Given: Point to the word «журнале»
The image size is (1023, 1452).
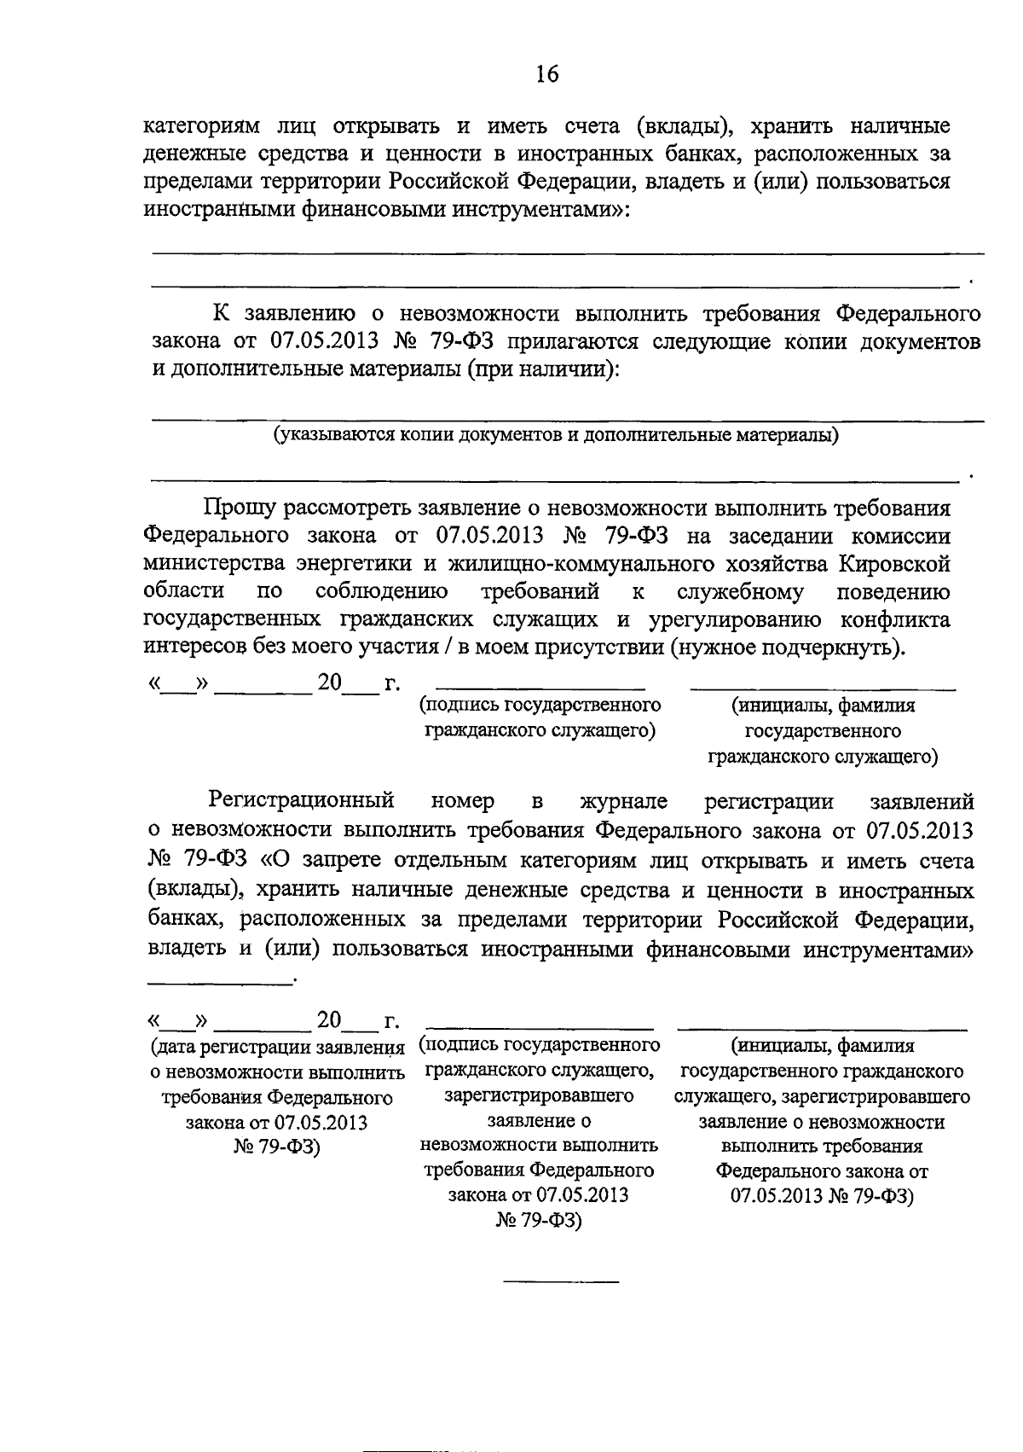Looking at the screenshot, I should pos(623,801).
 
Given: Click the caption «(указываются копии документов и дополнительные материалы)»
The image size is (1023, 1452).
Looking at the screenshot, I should pos(556,436).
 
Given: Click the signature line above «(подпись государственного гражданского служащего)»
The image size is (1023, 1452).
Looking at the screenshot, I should pos(540,688).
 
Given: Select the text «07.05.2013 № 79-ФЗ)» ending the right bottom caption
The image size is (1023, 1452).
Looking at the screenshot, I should pos(822,1196).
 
